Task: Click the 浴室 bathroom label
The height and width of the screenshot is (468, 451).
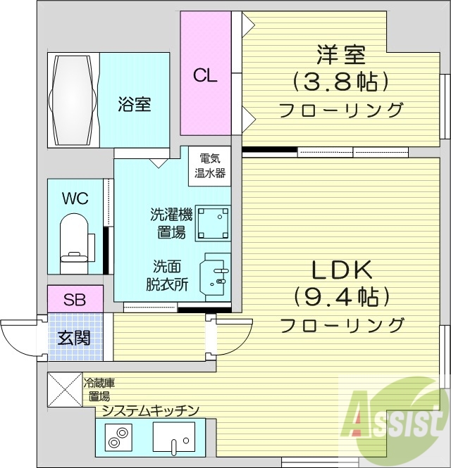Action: [x=134, y=106]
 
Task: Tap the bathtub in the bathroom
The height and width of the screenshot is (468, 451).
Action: [x=73, y=100]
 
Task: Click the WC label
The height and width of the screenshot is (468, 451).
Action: [x=75, y=198]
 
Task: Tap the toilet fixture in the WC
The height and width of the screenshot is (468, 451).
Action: [x=73, y=242]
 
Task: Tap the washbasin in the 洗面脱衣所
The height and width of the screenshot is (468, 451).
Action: [x=216, y=277]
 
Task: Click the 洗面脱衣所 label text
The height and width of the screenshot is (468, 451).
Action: [x=167, y=275]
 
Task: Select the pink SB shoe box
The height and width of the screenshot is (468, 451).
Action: [x=75, y=298]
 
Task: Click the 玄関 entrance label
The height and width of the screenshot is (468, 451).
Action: [x=74, y=338]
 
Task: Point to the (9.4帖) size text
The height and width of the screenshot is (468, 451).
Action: [x=342, y=296]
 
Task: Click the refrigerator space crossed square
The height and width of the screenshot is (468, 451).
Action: [x=64, y=389]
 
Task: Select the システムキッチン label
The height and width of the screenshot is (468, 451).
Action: [x=150, y=410]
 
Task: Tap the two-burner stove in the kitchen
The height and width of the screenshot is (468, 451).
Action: [x=115, y=441]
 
